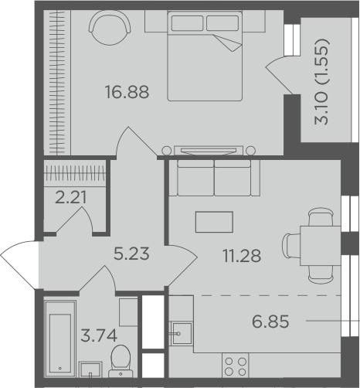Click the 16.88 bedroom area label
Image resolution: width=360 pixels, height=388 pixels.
127,92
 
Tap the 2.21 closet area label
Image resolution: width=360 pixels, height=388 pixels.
71,197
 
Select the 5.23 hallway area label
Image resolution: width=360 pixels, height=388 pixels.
131,254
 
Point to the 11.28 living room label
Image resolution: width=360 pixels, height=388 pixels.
243,256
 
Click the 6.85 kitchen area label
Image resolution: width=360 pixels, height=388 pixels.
270,322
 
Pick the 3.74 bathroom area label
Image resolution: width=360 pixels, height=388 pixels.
99,335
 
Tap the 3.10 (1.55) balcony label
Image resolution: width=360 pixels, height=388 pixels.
321,82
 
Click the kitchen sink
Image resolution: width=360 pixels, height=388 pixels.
182,334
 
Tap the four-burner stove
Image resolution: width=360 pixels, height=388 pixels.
236,366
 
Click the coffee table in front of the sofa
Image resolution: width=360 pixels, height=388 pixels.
214,222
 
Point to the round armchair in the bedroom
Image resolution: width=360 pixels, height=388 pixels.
110,29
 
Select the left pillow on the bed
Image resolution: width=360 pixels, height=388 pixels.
187,23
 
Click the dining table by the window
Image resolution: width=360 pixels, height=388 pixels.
321,246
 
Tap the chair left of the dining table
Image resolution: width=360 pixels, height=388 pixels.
291,246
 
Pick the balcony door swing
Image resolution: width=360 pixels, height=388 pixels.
280,74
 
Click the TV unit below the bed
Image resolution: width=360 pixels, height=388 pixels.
209,151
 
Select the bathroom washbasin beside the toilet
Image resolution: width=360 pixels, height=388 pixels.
90,369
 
